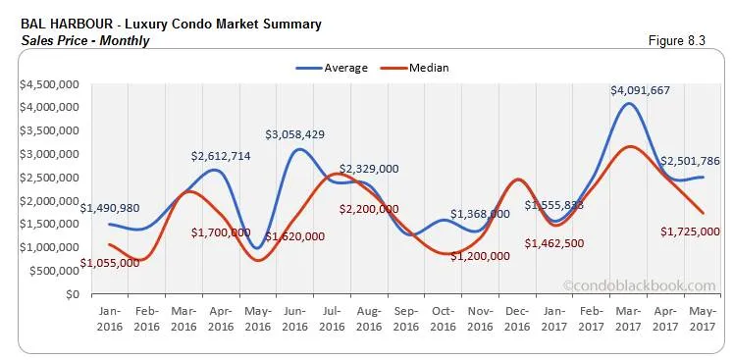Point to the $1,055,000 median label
pyautogui.click(x=111, y=263)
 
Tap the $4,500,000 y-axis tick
pyautogui.click(x=48, y=83)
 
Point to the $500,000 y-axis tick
pyautogui.click(x=52, y=271)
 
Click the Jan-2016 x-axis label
pyautogui.click(x=110, y=316)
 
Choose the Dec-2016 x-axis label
pyautogui.click(x=517, y=316)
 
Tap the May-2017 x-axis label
pyautogui.click(x=703, y=316)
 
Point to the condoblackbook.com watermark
pyautogui.click(x=639, y=285)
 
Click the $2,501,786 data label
pyautogui.click(x=693, y=161)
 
